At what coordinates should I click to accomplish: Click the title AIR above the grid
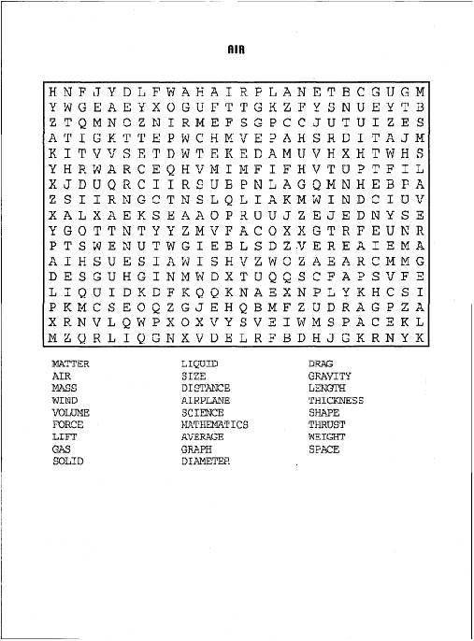tap(236, 50)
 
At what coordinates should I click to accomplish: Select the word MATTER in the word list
tap(70, 363)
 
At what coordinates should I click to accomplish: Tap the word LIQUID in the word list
tap(199, 363)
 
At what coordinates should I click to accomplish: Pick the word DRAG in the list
tap(321, 363)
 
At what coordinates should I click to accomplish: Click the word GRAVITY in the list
tap(329, 376)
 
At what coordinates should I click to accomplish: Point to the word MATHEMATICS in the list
tap(214, 424)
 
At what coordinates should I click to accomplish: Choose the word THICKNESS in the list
tap(336, 400)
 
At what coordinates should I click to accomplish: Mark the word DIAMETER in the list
tap(205, 461)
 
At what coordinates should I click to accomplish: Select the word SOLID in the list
tap(67, 461)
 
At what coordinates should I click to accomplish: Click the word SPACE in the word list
tap(323, 449)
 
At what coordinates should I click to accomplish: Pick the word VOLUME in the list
tap(71, 412)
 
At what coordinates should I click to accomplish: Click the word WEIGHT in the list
tap(326, 436)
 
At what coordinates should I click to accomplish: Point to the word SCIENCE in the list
tap(202, 412)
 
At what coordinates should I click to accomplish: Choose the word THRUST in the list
tap(326, 424)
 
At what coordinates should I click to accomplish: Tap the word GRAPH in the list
tap(196, 449)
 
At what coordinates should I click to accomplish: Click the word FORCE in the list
tap(67, 424)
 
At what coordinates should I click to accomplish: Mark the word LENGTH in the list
tap(326, 388)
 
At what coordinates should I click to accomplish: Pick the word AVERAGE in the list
tap(202, 436)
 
